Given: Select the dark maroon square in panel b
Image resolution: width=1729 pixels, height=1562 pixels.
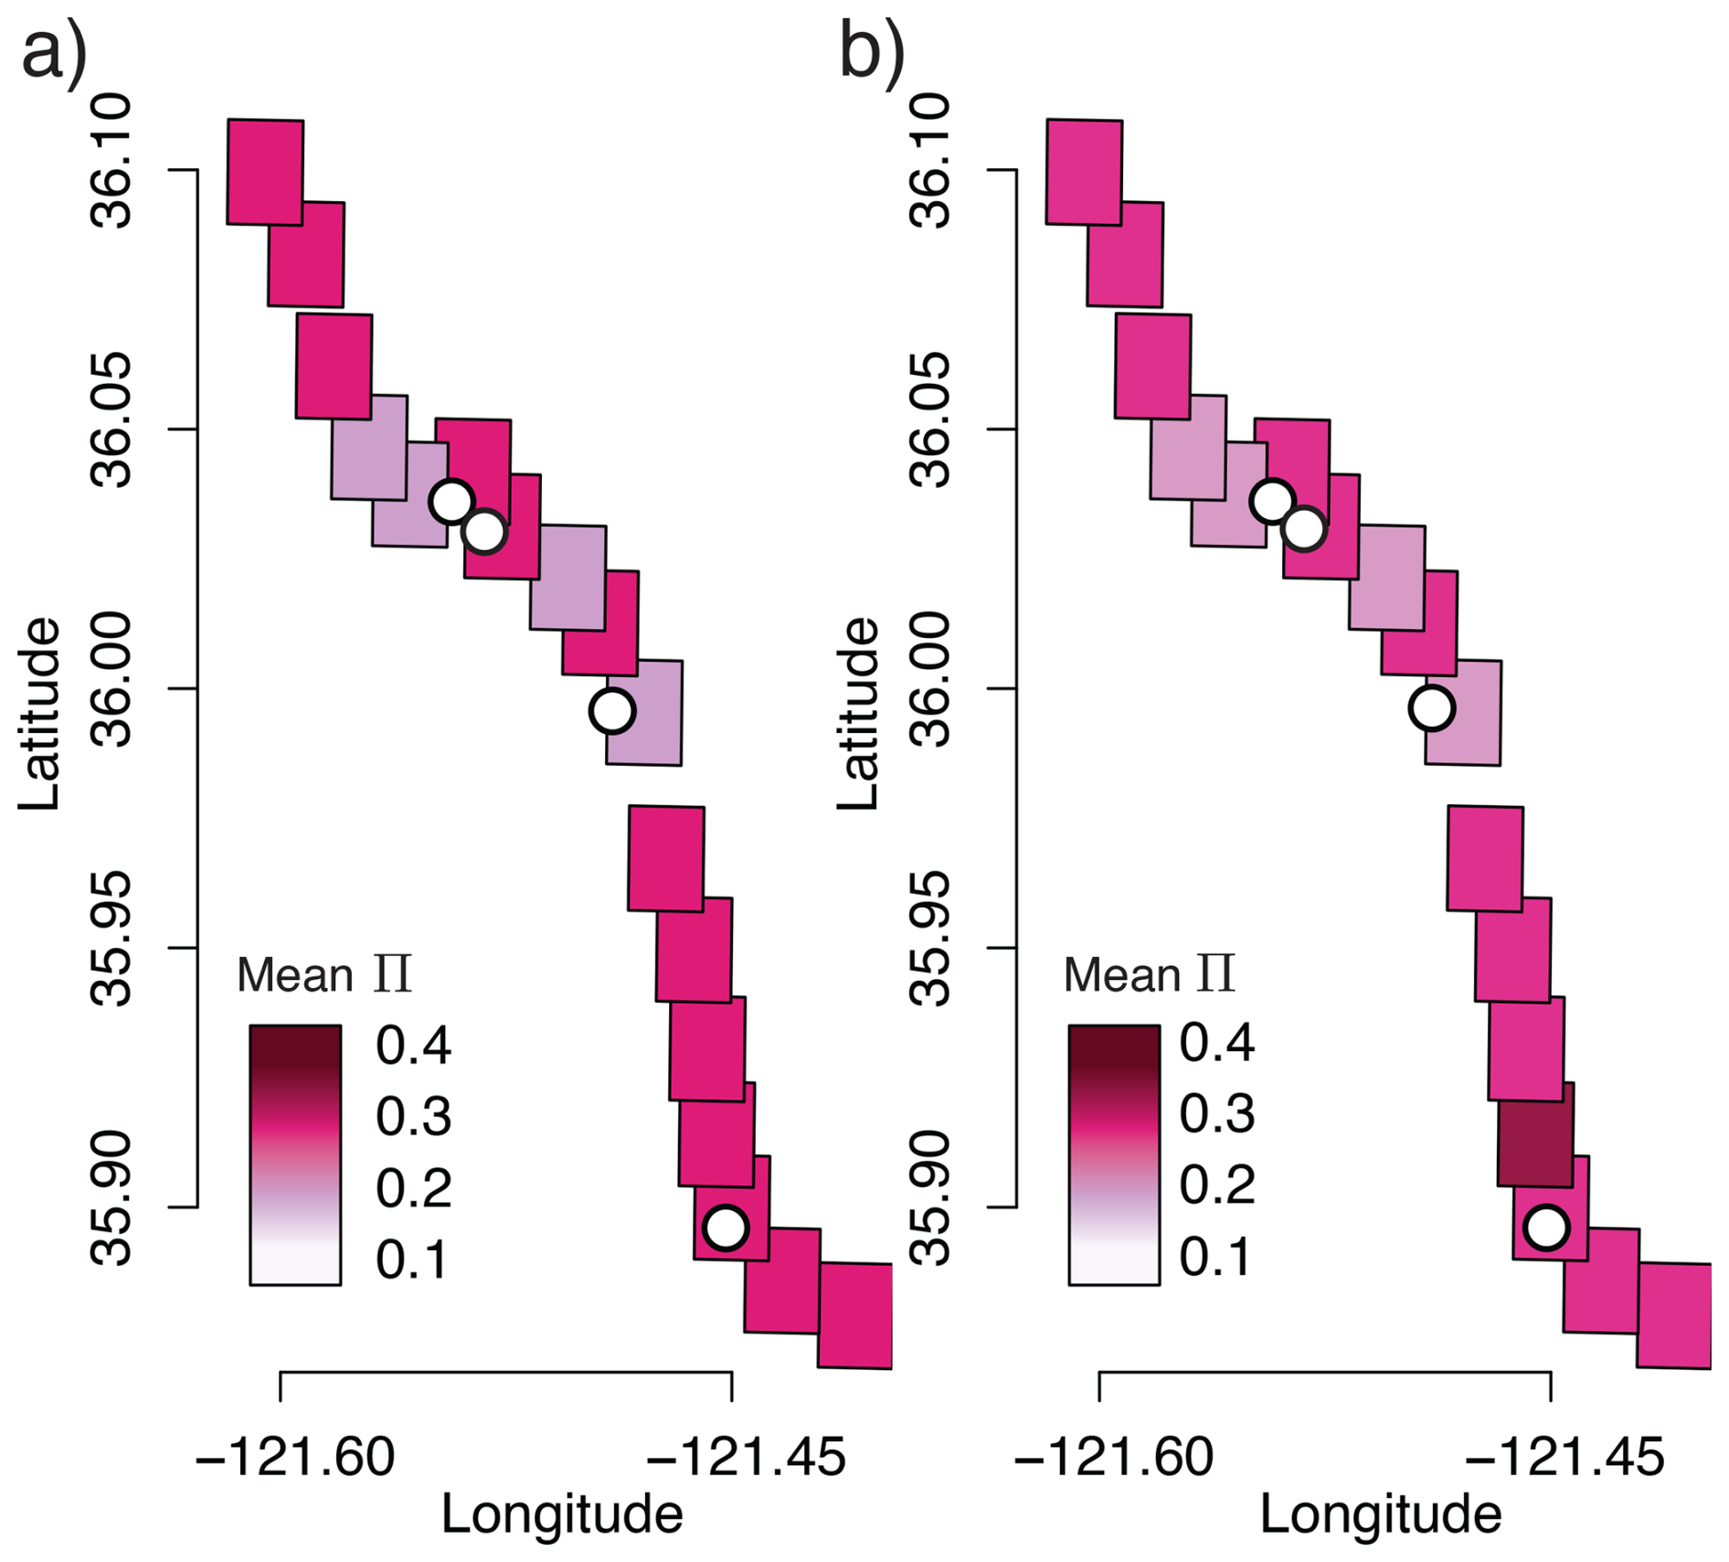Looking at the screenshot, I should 1535,1135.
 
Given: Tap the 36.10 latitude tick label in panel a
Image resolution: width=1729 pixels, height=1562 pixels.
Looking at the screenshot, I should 111,162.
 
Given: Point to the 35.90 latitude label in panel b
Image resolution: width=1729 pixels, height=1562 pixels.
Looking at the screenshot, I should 930,1198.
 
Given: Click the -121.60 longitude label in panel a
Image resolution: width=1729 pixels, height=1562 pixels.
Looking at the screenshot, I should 295,1457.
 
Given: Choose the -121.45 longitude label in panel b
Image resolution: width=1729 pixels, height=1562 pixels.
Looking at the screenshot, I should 1565,1457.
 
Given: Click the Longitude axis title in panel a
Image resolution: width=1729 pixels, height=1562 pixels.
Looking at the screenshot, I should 562,1514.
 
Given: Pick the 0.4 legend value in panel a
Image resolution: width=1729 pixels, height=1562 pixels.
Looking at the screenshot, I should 413,1046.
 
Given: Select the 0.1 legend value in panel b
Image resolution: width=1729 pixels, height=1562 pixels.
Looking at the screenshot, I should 1215,1258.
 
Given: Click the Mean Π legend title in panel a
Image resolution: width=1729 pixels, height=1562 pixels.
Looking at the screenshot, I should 324,974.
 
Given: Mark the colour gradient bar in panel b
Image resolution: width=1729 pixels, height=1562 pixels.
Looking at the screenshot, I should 1114,1154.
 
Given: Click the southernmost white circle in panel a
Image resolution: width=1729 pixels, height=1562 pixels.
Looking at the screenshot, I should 726,1227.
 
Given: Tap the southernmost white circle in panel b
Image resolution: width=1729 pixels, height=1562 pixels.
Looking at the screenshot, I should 1546,1227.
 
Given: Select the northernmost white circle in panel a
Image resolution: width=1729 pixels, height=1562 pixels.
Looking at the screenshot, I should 451,501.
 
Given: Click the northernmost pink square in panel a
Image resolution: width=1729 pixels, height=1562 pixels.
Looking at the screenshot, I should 265,172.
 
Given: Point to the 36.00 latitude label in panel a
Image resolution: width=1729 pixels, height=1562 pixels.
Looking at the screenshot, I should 111,680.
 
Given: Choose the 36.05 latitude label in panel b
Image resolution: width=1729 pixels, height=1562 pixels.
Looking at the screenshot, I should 930,420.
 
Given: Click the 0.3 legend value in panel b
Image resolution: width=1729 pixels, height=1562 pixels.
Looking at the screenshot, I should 1216,1114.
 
